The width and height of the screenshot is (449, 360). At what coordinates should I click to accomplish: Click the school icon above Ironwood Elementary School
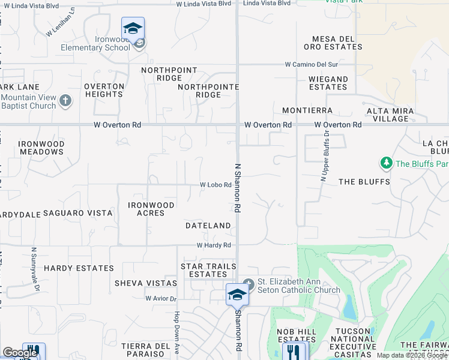pyautogui.click(x=133, y=28)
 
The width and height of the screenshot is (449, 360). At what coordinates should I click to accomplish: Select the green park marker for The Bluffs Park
pyautogui.click(x=386, y=163)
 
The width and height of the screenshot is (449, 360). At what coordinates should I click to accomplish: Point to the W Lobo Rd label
pyautogui.click(x=215, y=185)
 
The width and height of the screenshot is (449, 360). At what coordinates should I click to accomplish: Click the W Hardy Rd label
pyautogui.click(x=214, y=245)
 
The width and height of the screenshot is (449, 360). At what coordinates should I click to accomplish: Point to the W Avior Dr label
pyautogui.click(x=161, y=298)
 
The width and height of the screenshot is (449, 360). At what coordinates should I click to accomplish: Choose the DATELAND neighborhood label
pyautogui.click(x=208, y=226)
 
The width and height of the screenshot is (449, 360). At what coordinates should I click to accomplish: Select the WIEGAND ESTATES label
pyautogui.click(x=328, y=83)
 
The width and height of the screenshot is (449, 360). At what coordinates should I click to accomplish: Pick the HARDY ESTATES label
pyautogui.click(x=79, y=268)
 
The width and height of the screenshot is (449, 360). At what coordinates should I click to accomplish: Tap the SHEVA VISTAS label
pyautogui.click(x=146, y=283)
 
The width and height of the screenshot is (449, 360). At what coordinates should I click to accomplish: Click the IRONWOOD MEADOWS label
pyautogui.click(x=41, y=148)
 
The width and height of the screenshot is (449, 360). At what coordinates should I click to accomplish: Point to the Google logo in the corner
pyautogui.click(x=20, y=353)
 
